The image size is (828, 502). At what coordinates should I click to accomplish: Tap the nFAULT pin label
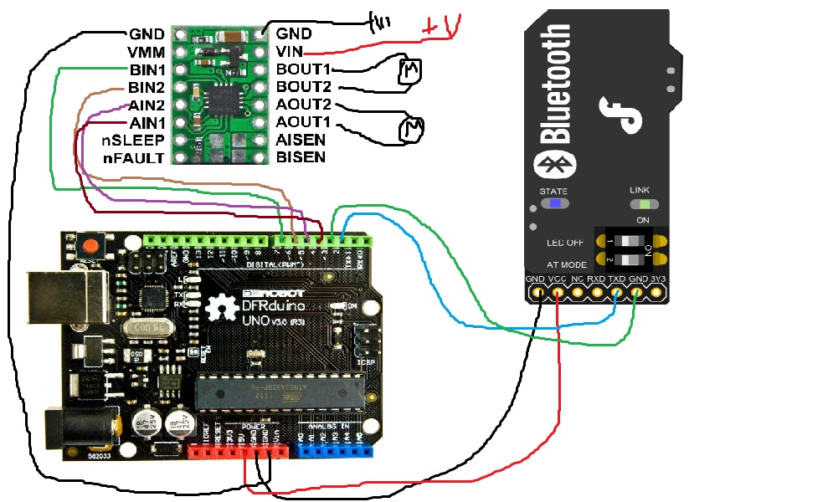pos(133,157)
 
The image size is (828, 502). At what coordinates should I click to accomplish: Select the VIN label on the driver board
pos(291,52)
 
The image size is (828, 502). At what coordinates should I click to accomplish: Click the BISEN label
pos(301,157)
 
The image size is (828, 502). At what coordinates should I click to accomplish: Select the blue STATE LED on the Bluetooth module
pos(553,203)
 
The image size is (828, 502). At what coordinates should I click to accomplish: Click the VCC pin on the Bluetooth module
pos(557,292)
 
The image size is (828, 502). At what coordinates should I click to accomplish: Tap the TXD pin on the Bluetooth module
pos(616,292)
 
